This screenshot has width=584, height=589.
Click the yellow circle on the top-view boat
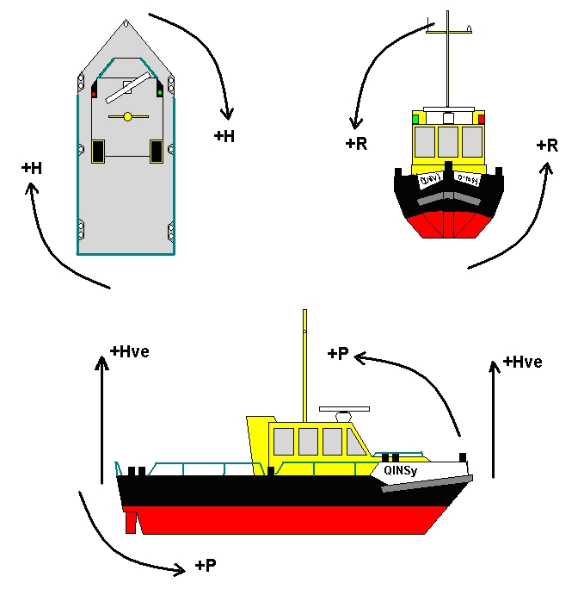127,116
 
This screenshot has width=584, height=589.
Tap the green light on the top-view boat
160,92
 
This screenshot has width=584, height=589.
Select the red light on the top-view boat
94,93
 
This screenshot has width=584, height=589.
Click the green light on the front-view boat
415,118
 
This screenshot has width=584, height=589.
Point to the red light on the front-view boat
482,119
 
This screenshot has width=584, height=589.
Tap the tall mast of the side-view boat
304,370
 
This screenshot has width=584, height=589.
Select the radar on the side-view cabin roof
344,409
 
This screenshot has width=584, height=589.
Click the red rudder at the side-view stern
130,521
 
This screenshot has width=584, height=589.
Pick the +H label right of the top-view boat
224,136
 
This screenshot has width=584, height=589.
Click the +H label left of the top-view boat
32,169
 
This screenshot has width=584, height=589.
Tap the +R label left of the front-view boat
356,144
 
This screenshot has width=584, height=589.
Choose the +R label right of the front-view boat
547,146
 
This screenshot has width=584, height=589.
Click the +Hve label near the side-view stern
130,351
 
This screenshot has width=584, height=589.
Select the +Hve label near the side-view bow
523,362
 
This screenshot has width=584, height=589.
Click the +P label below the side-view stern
206,566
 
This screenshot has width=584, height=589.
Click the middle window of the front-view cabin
448,140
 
